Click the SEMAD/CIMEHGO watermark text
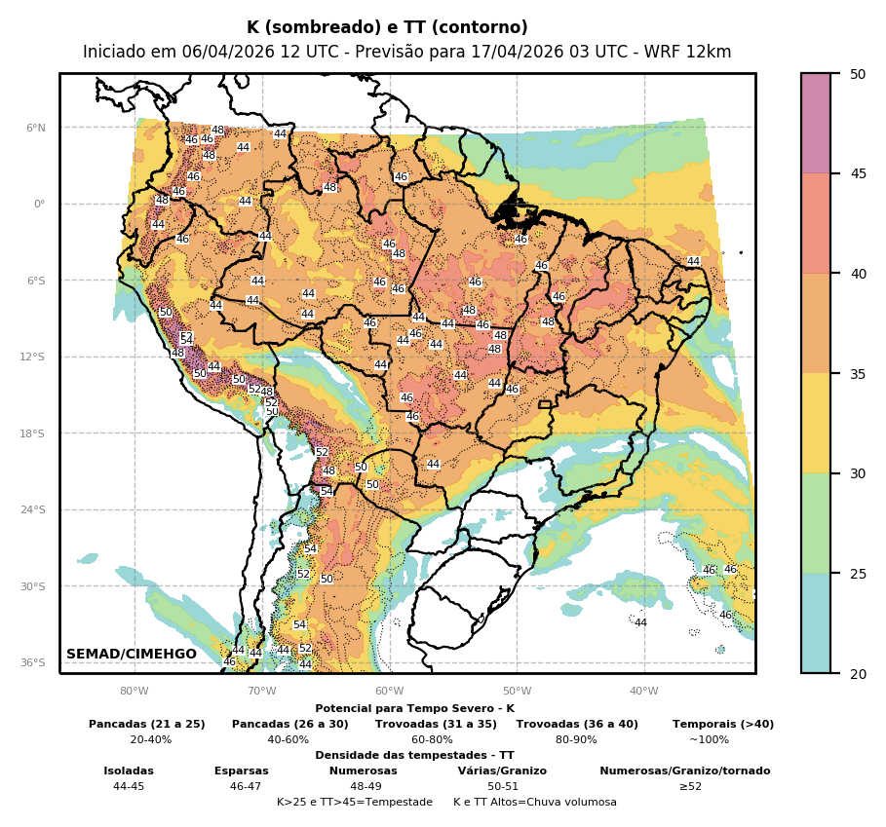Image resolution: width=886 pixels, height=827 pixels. [x=132, y=655]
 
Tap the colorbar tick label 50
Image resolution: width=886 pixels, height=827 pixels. [x=858, y=74]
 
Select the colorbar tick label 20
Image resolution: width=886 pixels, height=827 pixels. [x=858, y=674]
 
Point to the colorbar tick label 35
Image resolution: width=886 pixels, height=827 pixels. [x=858, y=374]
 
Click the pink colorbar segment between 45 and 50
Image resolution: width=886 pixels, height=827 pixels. [x=816, y=124]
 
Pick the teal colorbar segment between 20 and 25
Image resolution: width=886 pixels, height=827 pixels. [x=816, y=623]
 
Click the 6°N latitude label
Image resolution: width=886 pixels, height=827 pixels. [x=35, y=128]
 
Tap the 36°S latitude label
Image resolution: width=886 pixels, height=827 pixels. [x=33, y=663]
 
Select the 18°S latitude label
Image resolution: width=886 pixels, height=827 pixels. [x=33, y=433]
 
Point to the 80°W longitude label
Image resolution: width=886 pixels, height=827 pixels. [x=135, y=692]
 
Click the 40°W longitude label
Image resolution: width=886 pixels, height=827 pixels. [x=643, y=692]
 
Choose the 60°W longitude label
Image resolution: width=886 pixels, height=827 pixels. [x=389, y=692]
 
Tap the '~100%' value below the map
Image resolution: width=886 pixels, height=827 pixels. [x=709, y=740]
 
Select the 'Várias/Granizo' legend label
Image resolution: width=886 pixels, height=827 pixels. [x=502, y=771]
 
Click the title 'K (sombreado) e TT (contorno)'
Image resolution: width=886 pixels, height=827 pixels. [x=387, y=27]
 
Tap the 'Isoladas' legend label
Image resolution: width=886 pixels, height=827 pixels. [x=129, y=771]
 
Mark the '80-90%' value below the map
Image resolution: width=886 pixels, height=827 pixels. [x=576, y=740]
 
